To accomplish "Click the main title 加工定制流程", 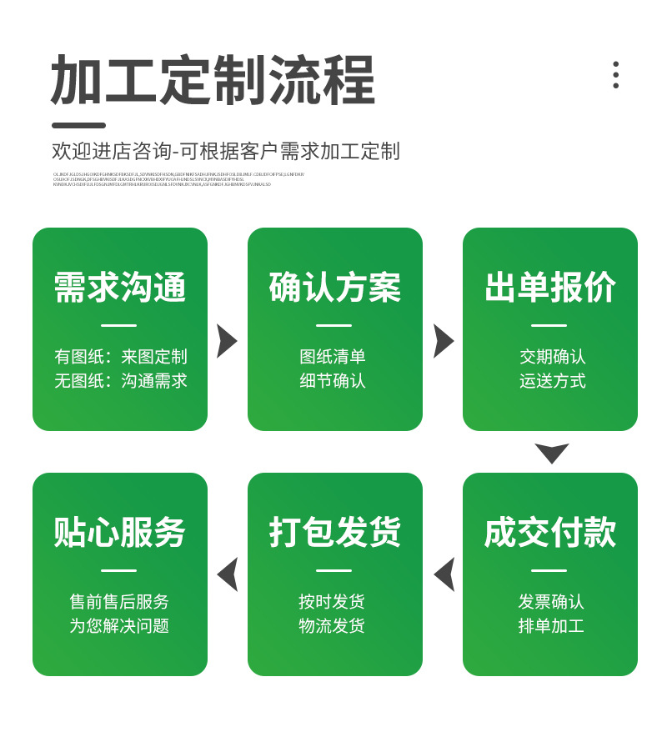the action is [x=213, y=81].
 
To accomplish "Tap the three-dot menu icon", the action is [x=615, y=74].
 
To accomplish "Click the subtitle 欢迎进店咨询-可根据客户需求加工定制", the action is [x=226, y=151].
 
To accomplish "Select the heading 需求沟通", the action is [x=120, y=288].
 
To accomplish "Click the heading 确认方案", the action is [x=335, y=288].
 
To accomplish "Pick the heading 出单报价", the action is [x=550, y=288].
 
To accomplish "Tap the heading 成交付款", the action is [x=550, y=533].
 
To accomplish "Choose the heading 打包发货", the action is [x=335, y=533].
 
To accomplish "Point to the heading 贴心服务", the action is [x=120, y=533].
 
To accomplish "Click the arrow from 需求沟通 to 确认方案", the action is [x=227, y=341].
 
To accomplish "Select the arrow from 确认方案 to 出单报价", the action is [x=443, y=341].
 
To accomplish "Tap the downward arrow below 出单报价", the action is [x=551, y=453].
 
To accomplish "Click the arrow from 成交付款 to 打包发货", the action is [x=444, y=574].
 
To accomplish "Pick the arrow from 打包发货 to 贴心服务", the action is [x=228, y=574].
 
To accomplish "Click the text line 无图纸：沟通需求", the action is [x=121, y=381].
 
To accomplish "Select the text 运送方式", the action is [x=552, y=381].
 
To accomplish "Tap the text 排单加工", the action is [x=551, y=626].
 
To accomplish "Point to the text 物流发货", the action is [x=332, y=626].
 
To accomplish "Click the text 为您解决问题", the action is [x=119, y=626].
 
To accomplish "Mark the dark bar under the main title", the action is [x=78, y=126].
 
